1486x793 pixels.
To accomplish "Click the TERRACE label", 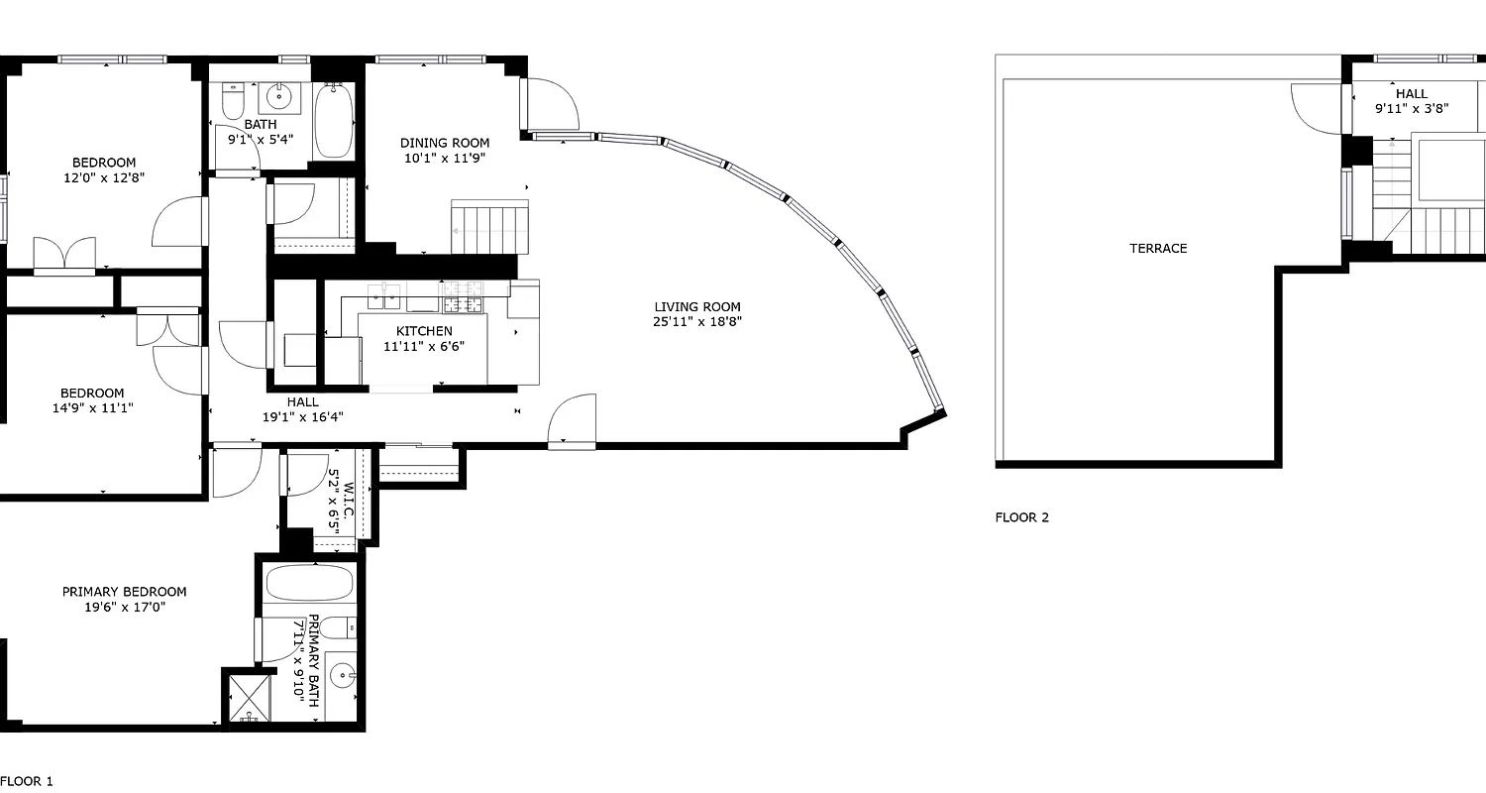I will [1158, 249].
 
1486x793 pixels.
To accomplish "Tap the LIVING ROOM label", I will [696, 307].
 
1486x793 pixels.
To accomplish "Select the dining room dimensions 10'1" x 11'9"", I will [444, 158].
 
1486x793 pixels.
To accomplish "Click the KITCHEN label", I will [424, 331].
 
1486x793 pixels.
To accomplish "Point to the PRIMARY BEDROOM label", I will [124, 592].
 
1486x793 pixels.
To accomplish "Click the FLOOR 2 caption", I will [1021, 517].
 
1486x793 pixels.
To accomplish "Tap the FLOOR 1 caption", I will [27, 781].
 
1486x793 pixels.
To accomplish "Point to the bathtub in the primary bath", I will [308, 584].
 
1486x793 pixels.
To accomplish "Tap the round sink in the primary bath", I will [342, 676].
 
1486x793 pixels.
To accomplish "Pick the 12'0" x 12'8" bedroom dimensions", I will [103, 179].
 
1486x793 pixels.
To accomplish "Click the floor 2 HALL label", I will [1412, 94].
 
